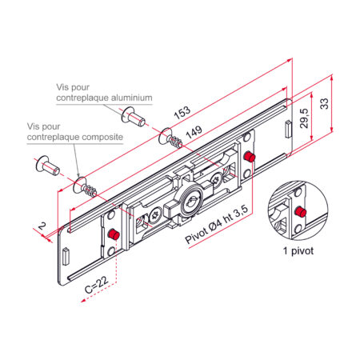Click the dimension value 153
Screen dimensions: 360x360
(x=182, y=113)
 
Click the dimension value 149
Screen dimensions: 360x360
(x=194, y=132)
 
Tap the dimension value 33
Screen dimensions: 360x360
(x=324, y=104)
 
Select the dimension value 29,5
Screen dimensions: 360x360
(x=304, y=118)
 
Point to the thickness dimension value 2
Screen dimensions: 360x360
(x=42, y=226)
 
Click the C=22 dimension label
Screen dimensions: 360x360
(x=97, y=284)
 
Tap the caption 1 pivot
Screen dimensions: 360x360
(x=298, y=251)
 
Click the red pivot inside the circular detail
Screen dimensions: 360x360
(x=301, y=212)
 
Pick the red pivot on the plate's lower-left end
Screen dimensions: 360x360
(x=114, y=234)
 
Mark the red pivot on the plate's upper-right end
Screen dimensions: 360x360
(x=250, y=157)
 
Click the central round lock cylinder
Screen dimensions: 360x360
(x=191, y=200)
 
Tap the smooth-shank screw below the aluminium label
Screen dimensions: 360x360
(x=133, y=117)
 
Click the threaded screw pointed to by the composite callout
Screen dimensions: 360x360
(x=85, y=187)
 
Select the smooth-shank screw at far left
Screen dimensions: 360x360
(x=47, y=166)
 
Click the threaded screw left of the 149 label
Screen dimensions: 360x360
(x=170, y=138)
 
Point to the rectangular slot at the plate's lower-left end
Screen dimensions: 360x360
(x=66, y=256)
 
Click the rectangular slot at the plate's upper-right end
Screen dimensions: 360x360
(x=288, y=129)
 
